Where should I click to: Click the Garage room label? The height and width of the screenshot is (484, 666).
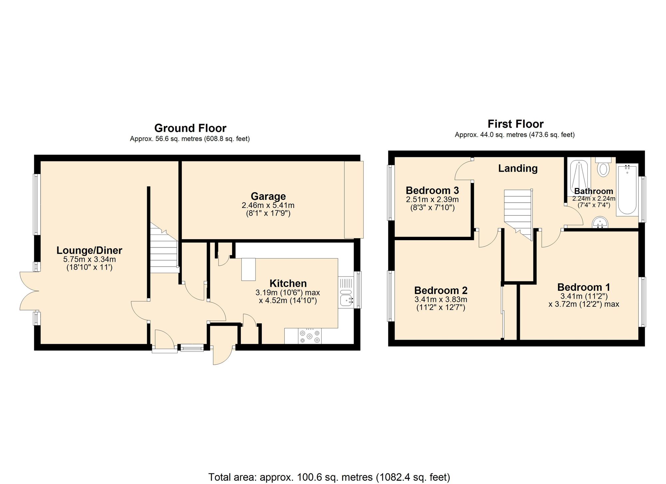pos(268,196)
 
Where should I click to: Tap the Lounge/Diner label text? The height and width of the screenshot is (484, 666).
pos(89,250)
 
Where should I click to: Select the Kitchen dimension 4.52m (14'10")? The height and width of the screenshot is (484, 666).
pos(288,301)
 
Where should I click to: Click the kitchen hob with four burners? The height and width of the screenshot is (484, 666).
pos(310,336)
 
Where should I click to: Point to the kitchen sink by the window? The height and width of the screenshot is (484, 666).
pos(347,298)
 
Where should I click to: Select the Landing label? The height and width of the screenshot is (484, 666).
pos(518,168)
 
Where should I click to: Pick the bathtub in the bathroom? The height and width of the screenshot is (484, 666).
pos(627,190)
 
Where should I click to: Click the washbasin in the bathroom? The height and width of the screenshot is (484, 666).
pos(600,223)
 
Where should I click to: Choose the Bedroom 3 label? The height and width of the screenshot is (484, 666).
pos(432,191)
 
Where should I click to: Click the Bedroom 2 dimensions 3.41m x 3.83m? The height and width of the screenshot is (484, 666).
pos(441,299)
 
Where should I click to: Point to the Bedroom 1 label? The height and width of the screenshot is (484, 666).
pos(584,287)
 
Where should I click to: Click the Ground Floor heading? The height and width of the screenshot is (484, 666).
pos(190,128)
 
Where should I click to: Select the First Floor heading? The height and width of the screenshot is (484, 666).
pos(515,124)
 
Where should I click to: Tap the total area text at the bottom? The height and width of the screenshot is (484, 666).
pos(329,477)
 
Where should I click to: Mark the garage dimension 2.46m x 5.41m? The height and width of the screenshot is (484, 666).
pos(268,206)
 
